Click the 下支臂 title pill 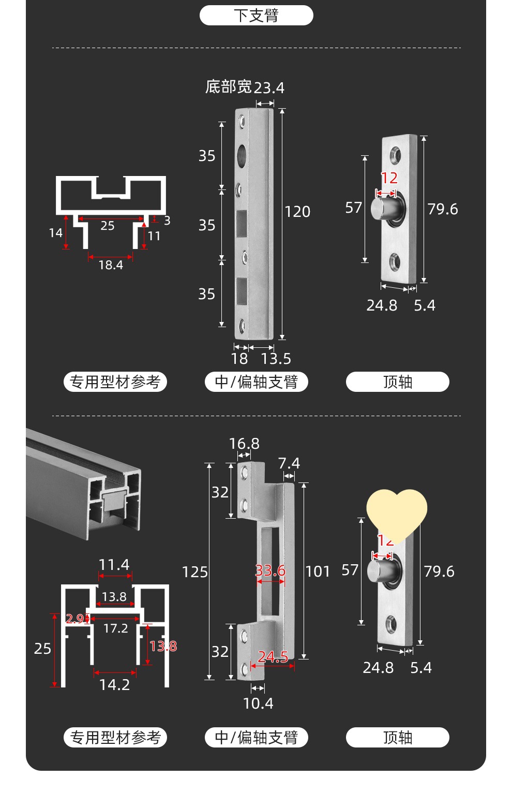(256, 16)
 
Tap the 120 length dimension (297, 211)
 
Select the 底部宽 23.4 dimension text (245, 87)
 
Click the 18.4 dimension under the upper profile (111, 265)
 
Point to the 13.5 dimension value (276, 358)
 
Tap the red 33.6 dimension (270, 570)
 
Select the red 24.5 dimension (273, 657)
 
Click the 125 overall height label (194, 572)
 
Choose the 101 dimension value (318, 571)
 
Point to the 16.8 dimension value (244, 444)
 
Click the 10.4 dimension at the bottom (258, 703)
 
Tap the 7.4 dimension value (289, 463)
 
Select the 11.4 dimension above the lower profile (114, 564)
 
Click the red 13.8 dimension (163, 646)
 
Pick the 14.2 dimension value (114, 684)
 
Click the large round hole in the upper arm (242, 155)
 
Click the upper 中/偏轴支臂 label (257, 382)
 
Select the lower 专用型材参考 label (115, 737)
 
